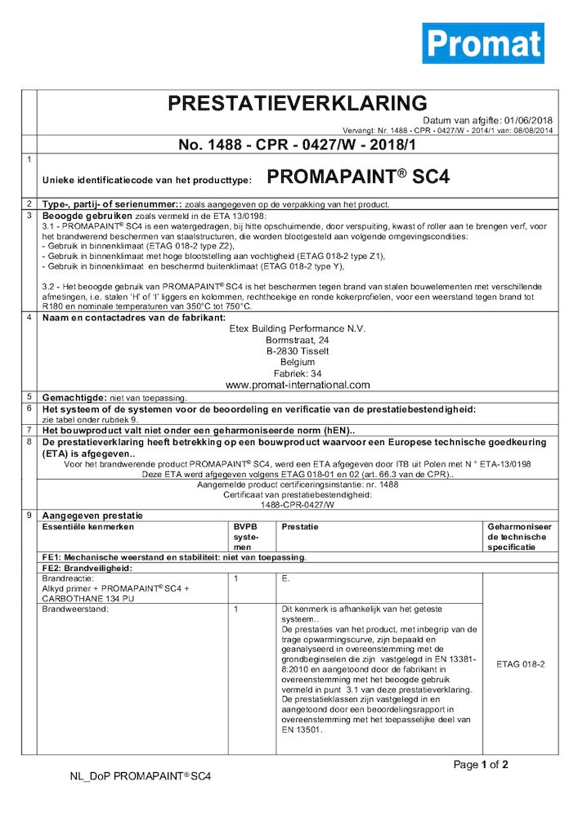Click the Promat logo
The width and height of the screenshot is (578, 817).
coord(482,43)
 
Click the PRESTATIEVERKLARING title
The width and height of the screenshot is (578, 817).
coord(297,103)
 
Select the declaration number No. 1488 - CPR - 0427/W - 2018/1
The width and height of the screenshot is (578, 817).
coord(297,145)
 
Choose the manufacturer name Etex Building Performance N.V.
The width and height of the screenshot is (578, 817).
coord(298,329)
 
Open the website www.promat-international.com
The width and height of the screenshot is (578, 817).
coord(298,385)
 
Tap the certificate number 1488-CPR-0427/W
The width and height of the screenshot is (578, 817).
coord(298,505)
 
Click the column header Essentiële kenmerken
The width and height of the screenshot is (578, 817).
coord(84,527)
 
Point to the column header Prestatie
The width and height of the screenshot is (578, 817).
coord(300,527)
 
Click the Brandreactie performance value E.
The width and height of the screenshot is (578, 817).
coord(285,578)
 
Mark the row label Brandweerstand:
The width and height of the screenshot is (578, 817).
coord(72,609)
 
